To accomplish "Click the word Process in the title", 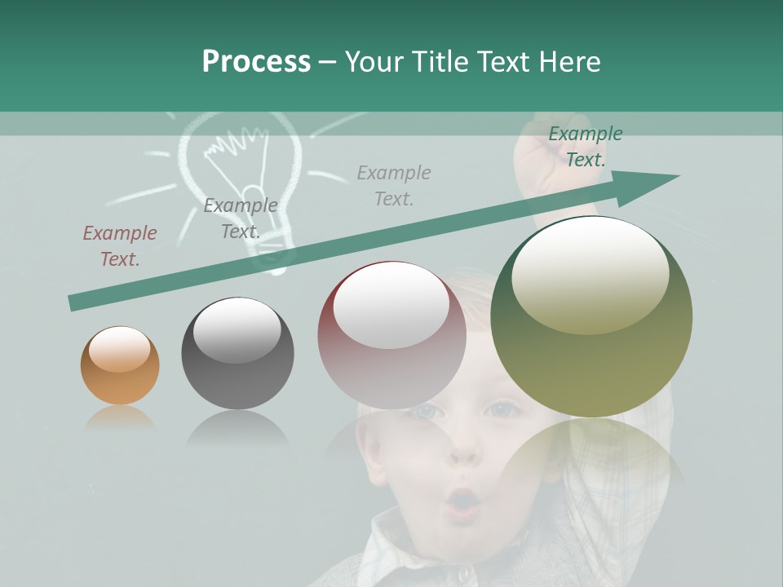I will pyautogui.click(x=256, y=62).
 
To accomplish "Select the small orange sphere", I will pyautogui.click(x=120, y=366).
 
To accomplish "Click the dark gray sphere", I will pyautogui.click(x=237, y=353).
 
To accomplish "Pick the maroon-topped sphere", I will pyautogui.click(x=391, y=335).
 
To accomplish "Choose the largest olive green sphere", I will pyautogui.click(x=591, y=316).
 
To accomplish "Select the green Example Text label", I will pyautogui.click(x=585, y=147).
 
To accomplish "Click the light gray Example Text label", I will pyautogui.click(x=394, y=185).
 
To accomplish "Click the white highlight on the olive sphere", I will pyautogui.click(x=590, y=273).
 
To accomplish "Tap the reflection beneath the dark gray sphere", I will pyautogui.click(x=237, y=427).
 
